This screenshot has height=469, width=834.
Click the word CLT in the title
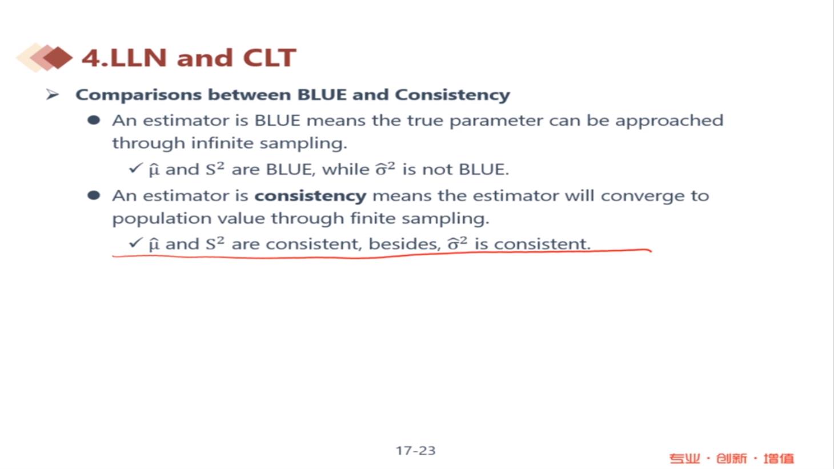(x=269, y=58)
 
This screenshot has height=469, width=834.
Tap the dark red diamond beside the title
(x=58, y=58)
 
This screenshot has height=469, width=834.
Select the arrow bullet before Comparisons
(x=53, y=95)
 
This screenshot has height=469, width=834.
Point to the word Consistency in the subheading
(x=452, y=95)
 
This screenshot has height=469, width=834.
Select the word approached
(x=669, y=121)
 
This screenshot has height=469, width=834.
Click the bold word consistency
(x=311, y=196)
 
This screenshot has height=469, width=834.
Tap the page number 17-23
(x=415, y=451)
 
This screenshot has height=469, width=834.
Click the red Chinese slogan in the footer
(x=731, y=458)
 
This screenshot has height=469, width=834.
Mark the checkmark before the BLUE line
(x=135, y=169)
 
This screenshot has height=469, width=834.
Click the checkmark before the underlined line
(x=135, y=243)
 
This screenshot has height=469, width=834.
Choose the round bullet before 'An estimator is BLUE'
(x=94, y=120)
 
